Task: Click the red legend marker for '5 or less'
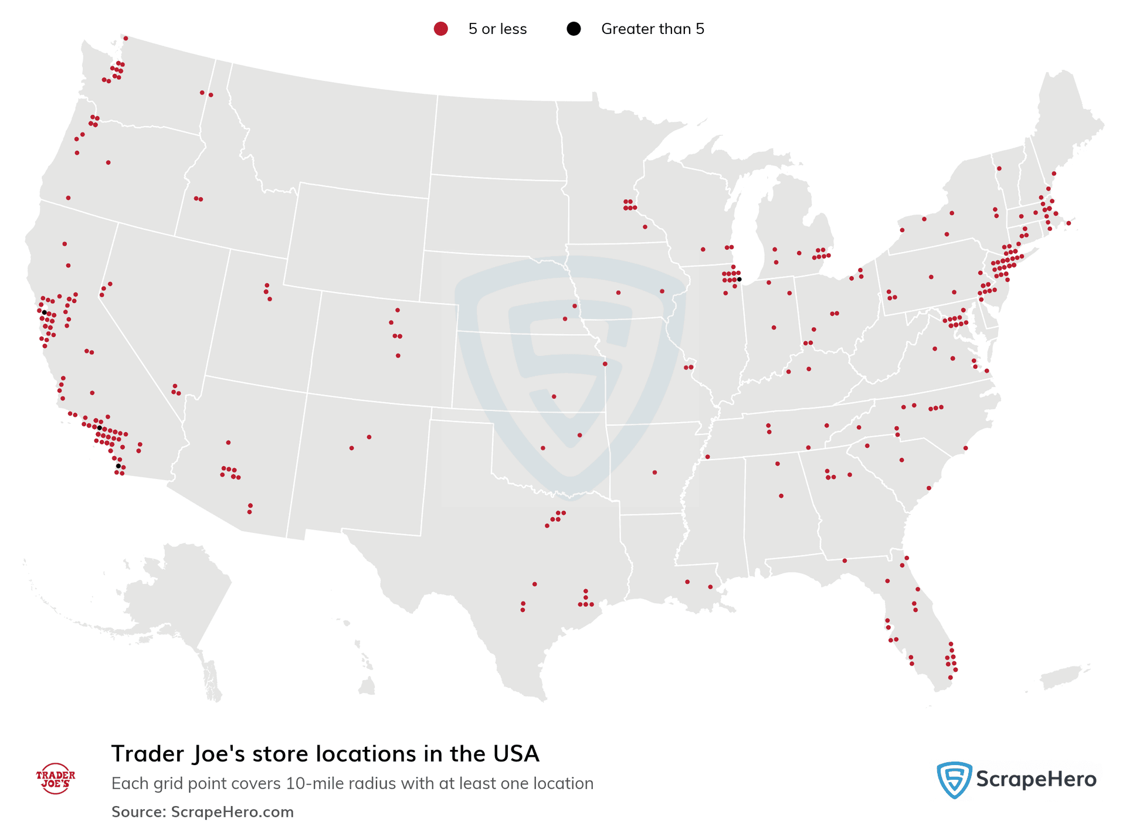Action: coord(440,29)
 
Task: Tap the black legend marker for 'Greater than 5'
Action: coord(574,29)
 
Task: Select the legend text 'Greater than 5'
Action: coord(652,29)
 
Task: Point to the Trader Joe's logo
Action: coord(56,779)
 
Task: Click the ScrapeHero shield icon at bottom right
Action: coord(954,780)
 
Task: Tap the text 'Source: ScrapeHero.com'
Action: coord(202,812)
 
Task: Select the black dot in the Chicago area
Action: coord(739,279)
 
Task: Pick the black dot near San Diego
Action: coord(118,466)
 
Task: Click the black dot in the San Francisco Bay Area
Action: coord(44,312)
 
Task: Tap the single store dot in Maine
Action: coord(1053,174)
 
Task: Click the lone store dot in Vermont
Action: coord(999,169)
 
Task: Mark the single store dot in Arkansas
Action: coord(654,472)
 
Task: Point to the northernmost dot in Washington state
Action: coord(126,38)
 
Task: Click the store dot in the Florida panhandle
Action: coord(844,560)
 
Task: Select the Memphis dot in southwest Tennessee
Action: coord(707,457)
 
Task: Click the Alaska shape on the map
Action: coord(170,592)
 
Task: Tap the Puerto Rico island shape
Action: coord(1061,677)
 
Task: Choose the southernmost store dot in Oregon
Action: coord(68,198)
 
